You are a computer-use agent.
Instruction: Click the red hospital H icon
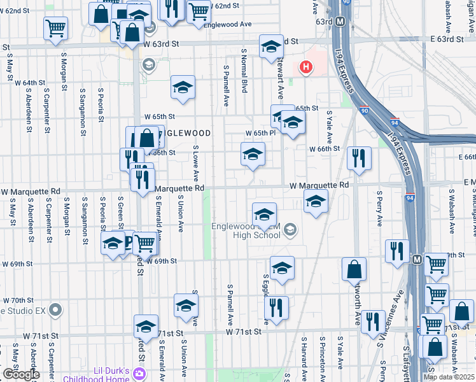(x=305, y=66)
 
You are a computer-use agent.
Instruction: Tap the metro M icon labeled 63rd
(x=340, y=22)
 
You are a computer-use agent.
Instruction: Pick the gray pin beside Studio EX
(x=55, y=310)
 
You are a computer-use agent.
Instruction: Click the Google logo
(x=21, y=374)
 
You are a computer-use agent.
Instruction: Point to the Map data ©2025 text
(x=449, y=377)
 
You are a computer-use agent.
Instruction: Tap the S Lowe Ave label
(x=196, y=164)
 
